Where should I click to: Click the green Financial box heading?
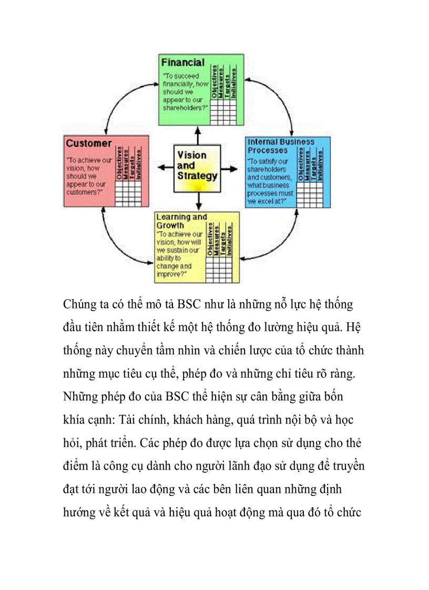[182, 63]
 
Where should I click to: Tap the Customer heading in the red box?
[88, 143]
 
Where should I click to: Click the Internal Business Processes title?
[281, 146]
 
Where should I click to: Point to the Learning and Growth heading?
[181, 221]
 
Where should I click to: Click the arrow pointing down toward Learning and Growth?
[198, 201]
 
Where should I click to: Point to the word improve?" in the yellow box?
[169, 273]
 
